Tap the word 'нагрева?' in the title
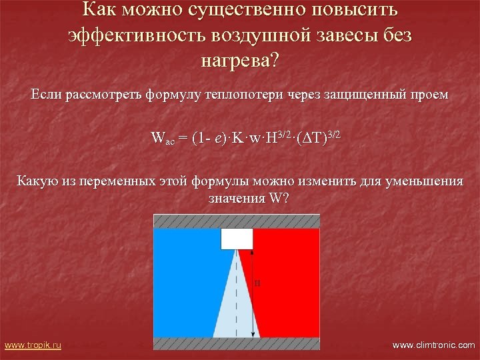click(x=240, y=62)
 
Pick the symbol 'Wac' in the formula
click(x=163, y=139)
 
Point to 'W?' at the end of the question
click(x=279, y=199)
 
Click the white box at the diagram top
click(x=237, y=239)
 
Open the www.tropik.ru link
click(x=33, y=345)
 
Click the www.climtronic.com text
click(x=433, y=345)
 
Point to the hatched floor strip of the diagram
click(x=237, y=343)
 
